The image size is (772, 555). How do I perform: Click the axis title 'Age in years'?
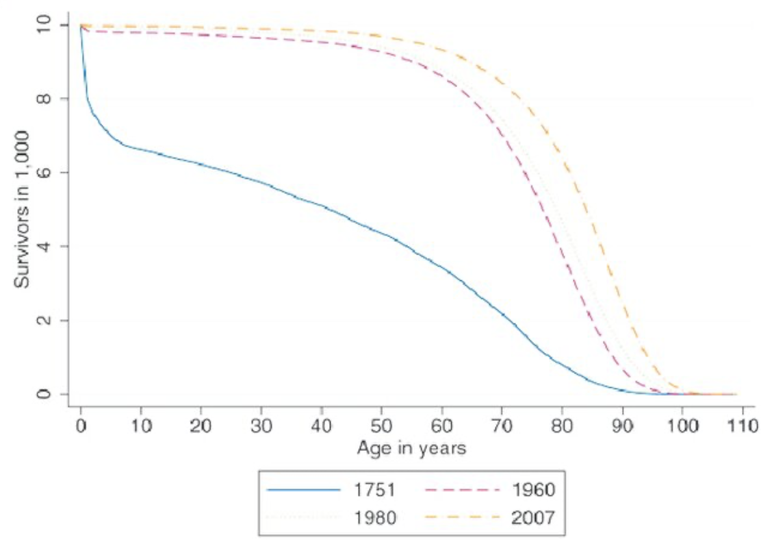(x=411, y=449)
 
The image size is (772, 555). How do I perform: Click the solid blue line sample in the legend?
(x=304, y=491)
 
